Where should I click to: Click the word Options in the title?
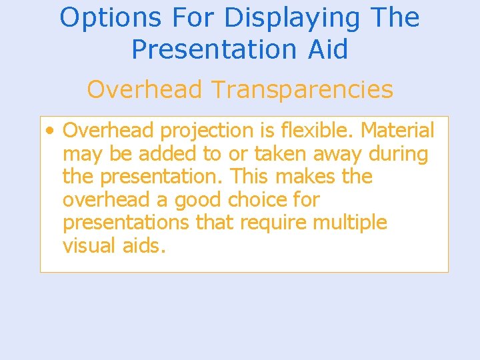101,18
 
